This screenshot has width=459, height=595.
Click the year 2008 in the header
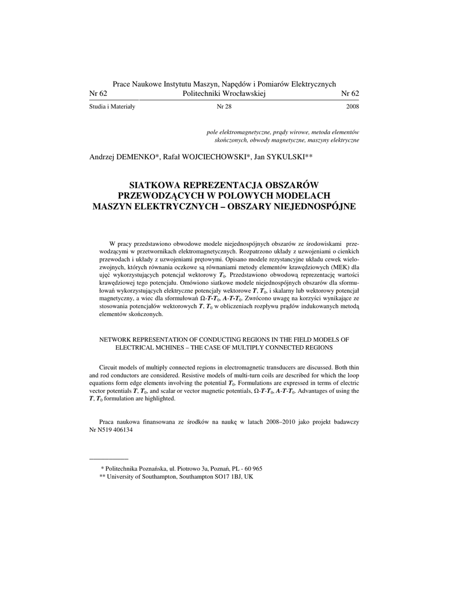(x=352, y=107)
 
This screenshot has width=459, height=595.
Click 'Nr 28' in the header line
(x=223, y=107)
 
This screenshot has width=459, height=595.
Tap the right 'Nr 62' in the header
(x=350, y=94)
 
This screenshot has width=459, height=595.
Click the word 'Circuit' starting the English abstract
(x=110, y=367)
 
